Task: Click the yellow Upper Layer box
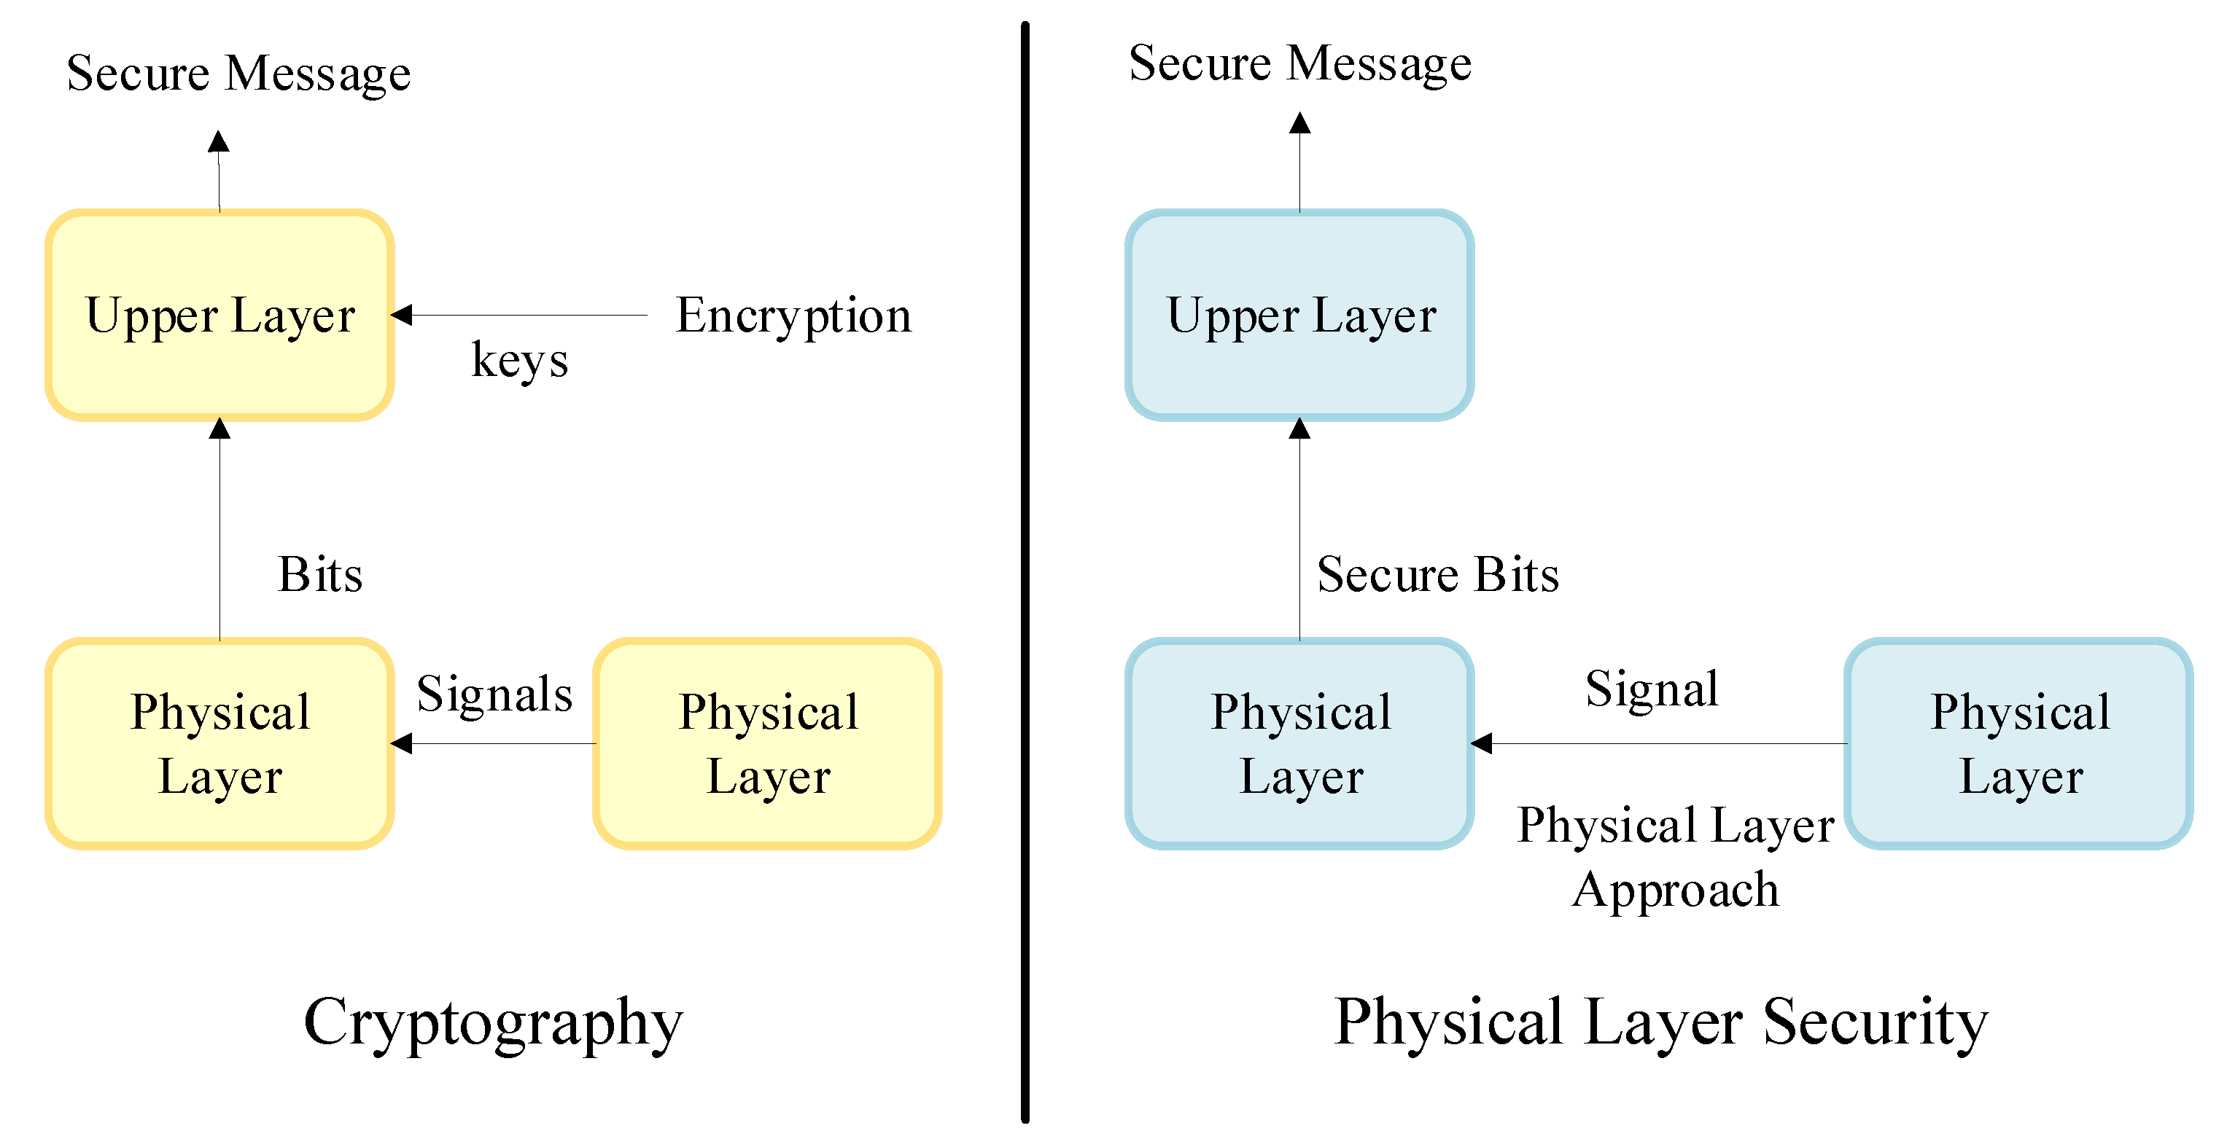(219, 315)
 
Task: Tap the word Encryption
(793, 315)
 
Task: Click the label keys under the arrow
(519, 360)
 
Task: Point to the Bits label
(320, 574)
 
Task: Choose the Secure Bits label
(1438, 574)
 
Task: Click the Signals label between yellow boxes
(494, 694)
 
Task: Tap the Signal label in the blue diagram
(1652, 689)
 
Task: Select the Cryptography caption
(494, 1022)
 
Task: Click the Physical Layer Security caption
(1661, 1022)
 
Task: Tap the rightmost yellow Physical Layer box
(766, 743)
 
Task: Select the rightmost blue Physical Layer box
(2018, 743)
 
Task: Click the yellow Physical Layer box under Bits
(219, 743)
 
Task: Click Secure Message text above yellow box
(238, 73)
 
